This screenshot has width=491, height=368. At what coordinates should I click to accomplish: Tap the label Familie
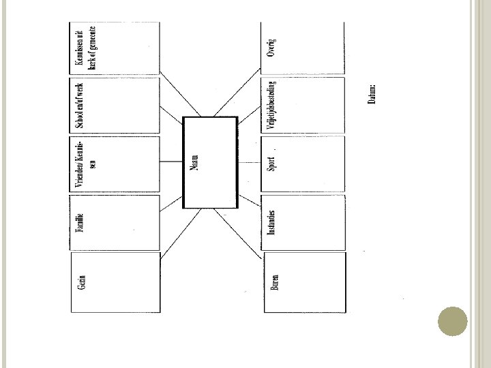pyautogui.click(x=79, y=224)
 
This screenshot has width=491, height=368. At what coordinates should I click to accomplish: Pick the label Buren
pyautogui.click(x=274, y=282)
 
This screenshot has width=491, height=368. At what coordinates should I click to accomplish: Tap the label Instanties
pyautogui.click(x=271, y=224)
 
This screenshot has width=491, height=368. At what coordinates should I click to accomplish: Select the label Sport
pyautogui.click(x=271, y=166)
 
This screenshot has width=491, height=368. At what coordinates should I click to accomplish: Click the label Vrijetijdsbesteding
pyautogui.click(x=271, y=106)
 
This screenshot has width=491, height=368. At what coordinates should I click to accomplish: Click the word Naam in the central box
pyautogui.click(x=194, y=164)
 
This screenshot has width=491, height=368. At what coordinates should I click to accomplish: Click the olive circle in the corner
pyautogui.click(x=451, y=322)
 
